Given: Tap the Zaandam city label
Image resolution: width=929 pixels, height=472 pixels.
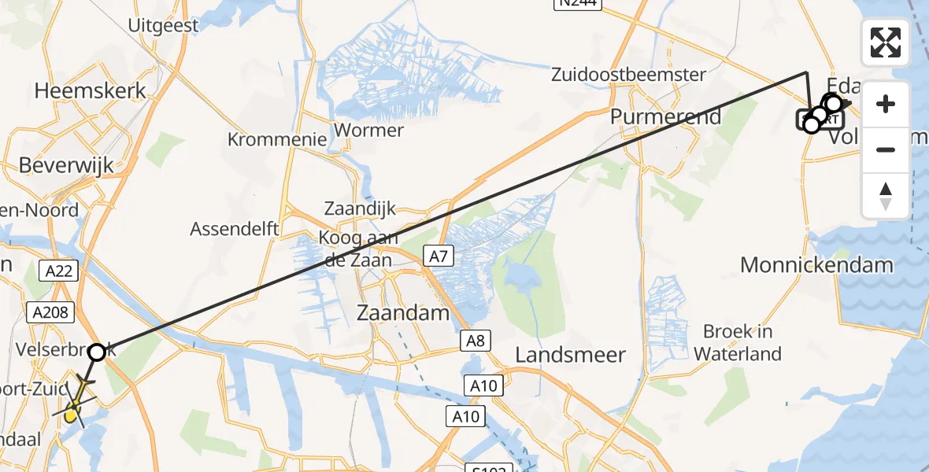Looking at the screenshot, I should point(403,312).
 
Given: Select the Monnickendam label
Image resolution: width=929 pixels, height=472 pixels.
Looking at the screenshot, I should point(816,264).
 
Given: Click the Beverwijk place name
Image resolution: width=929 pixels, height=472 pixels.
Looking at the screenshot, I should point(66,165).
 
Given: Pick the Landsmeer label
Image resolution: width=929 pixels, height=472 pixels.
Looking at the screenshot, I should point(571,355).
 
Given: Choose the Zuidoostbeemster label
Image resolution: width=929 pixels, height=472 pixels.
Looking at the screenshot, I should point(628,75).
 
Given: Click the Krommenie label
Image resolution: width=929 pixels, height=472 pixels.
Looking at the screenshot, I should point(277,139).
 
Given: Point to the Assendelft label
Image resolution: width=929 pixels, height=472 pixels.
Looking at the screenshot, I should point(235,229).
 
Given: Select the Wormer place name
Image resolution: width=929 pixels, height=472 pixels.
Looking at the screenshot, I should point(369,130).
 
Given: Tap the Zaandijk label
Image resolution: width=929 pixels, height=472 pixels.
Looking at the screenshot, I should point(360,209).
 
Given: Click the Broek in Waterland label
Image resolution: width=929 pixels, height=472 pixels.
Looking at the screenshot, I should point(738,342).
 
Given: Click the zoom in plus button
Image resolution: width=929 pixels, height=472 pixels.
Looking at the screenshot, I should point(886,104).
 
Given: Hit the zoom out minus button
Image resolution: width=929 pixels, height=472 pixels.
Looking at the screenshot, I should point(886,149).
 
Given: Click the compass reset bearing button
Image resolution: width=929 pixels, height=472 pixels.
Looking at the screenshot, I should point(886,195).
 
